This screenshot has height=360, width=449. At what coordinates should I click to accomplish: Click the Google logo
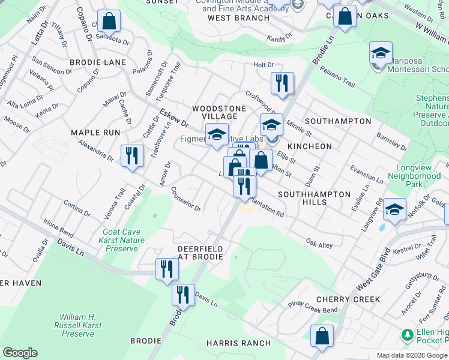(x=20, y=353)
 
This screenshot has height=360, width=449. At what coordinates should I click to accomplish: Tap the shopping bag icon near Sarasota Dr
(x=109, y=22)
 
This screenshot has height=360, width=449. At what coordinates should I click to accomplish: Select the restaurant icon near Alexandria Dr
(x=131, y=155)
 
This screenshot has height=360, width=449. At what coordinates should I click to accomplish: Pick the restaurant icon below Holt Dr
(x=282, y=83)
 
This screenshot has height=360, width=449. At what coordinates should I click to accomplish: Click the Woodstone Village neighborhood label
(x=218, y=112)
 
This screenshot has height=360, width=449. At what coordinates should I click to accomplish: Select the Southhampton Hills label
(x=314, y=198)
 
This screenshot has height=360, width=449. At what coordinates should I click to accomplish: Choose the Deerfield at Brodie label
(x=200, y=253)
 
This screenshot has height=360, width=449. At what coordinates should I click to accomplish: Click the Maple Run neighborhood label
(x=95, y=133)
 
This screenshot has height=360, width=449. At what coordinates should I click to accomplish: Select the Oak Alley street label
(x=319, y=244)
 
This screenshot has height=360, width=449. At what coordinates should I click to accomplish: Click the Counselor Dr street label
(x=185, y=200)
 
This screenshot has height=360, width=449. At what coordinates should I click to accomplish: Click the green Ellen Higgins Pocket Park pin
(x=408, y=334)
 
